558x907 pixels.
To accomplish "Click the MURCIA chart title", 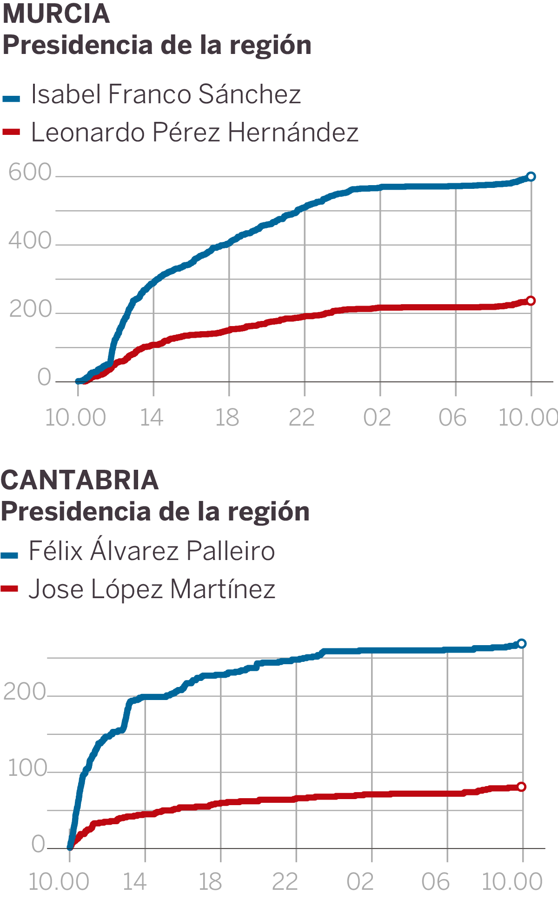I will click(x=56, y=14).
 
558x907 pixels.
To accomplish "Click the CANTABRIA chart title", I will click(x=80, y=480).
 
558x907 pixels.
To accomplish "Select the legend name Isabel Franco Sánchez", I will click(x=166, y=94).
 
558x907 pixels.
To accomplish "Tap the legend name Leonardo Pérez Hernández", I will click(x=194, y=133).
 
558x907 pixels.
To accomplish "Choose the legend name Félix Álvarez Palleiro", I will click(x=152, y=551).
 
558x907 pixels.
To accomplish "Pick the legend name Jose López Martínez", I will click(x=152, y=589).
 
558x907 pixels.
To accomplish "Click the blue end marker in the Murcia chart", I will click(x=531, y=177).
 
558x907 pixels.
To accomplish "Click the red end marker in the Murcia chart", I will click(x=531, y=301).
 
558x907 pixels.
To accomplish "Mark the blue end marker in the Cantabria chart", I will click(x=522, y=644).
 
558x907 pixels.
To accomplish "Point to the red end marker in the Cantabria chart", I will click(x=522, y=787).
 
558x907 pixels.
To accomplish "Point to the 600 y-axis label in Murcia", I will click(x=30, y=173).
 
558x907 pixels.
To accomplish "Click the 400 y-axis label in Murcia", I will click(x=30, y=241).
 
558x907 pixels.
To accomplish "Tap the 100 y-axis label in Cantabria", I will click(x=27, y=768).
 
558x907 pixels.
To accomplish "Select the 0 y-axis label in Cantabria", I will click(x=38, y=844).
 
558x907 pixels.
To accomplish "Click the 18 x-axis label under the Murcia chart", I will click(x=227, y=418).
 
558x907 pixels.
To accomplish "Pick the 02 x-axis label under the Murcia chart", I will click(x=377, y=418).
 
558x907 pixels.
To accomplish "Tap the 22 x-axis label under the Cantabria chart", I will click(x=285, y=882).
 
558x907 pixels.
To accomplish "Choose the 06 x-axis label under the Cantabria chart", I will click(x=435, y=882).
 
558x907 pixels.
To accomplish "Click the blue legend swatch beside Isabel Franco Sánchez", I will click(x=11, y=98).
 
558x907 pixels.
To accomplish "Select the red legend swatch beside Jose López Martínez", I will click(x=9, y=589).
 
